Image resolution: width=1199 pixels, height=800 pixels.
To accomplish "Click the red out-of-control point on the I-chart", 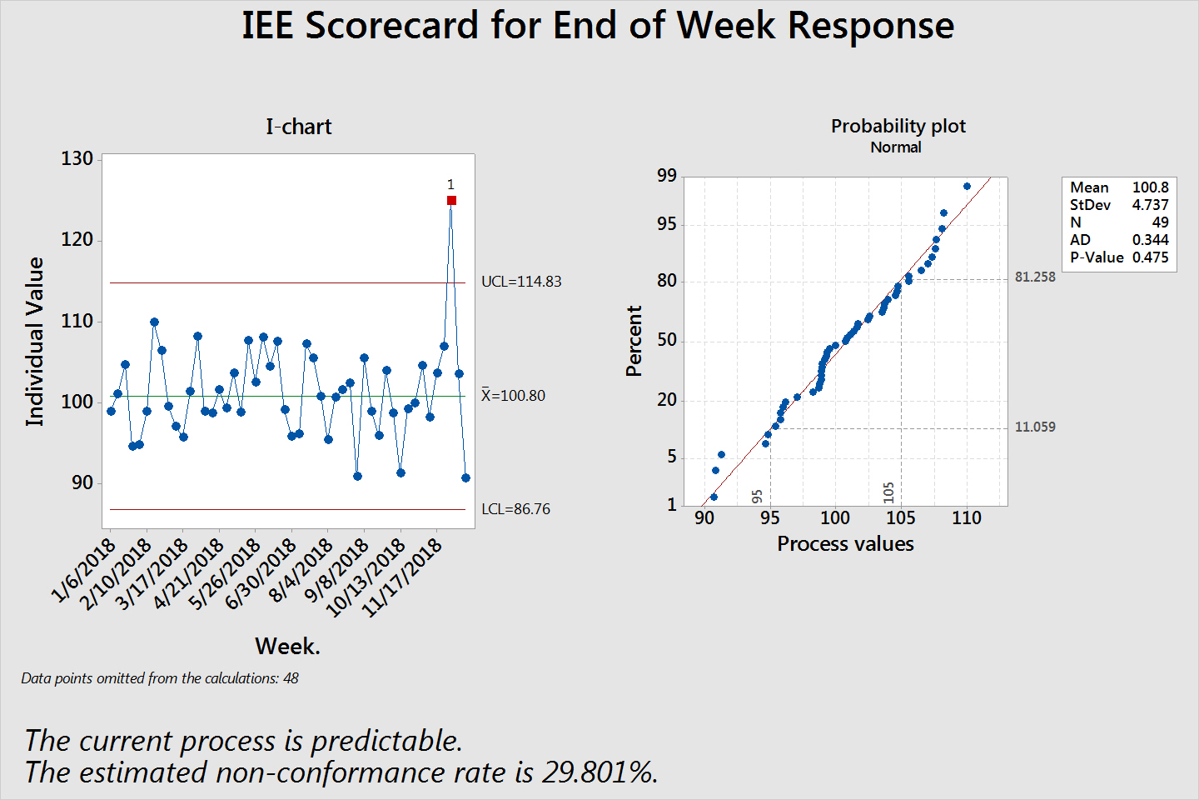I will tap(451, 200).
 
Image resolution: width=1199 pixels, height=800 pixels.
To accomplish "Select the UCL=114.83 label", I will tap(521, 282).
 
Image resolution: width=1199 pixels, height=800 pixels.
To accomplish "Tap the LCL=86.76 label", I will tap(515, 509).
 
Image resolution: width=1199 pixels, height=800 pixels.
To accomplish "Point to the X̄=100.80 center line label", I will tap(513, 396).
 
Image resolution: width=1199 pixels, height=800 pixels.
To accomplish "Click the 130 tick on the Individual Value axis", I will tap(77, 159).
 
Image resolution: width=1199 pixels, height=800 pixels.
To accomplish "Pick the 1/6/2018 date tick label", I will tap(84, 571).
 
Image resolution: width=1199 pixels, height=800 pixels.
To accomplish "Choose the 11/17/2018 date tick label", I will tap(403, 577).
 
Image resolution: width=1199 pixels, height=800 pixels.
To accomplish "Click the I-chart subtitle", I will tap(298, 127).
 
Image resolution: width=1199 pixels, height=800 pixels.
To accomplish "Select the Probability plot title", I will tap(898, 126).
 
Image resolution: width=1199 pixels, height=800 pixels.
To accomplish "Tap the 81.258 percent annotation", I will tap(1035, 277).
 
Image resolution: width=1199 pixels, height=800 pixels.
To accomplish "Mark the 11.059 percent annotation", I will tap(1035, 427).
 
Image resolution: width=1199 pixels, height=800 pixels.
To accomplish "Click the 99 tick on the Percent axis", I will tap(667, 176).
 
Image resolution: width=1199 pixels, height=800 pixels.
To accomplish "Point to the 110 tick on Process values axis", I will tap(967, 518).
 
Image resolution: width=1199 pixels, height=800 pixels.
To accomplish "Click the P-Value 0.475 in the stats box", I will tap(1150, 257).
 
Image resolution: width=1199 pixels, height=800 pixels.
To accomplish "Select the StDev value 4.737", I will tap(1150, 205).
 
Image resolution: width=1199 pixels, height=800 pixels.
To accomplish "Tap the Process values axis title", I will tap(845, 544).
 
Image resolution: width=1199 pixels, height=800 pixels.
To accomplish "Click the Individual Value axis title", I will tap(35, 342).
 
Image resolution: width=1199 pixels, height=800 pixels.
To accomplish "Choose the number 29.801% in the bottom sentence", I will tap(598, 772).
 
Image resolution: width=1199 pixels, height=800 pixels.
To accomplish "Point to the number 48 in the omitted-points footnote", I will tap(291, 678).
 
